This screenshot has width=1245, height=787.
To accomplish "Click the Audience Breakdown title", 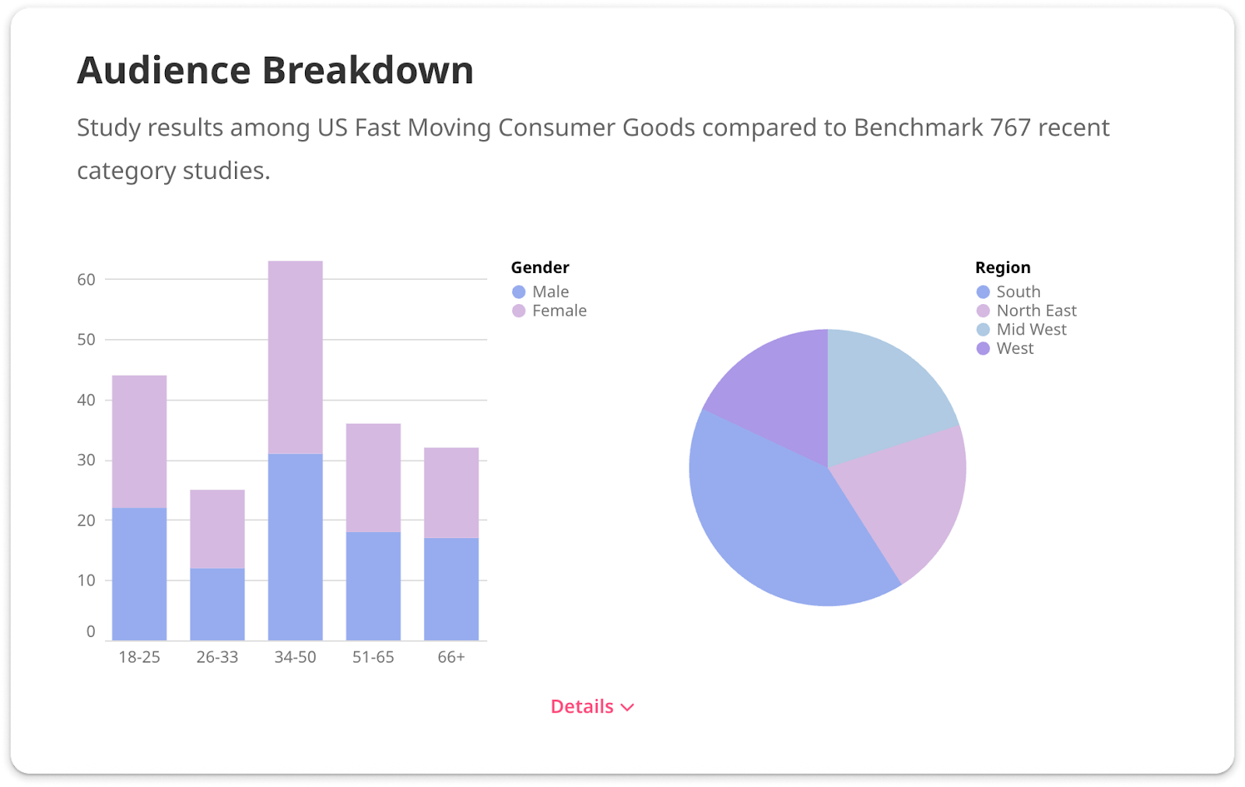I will click(x=275, y=70).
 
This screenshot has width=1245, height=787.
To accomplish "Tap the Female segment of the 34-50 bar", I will click(x=295, y=357).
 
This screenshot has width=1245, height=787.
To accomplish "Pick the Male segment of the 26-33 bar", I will click(x=217, y=604).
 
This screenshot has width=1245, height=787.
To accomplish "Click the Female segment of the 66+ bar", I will click(x=451, y=492).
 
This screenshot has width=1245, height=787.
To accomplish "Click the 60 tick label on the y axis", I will click(x=86, y=279).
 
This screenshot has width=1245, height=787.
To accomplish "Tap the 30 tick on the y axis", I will click(x=86, y=460).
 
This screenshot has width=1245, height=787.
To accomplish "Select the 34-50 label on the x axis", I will click(x=295, y=657).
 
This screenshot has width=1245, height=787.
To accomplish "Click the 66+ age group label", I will click(x=451, y=657).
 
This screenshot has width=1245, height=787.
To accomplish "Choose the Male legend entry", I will click(x=550, y=292).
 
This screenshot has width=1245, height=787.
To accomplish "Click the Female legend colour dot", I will click(x=519, y=311).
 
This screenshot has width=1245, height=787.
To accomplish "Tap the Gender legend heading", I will click(x=540, y=268).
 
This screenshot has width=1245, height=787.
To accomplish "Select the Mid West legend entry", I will click(x=1031, y=330).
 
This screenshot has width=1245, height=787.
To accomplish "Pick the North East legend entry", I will click(x=1036, y=311).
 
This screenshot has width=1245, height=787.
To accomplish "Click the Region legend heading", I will click(x=1003, y=268).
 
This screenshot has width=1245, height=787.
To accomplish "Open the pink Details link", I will click(x=592, y=706).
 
